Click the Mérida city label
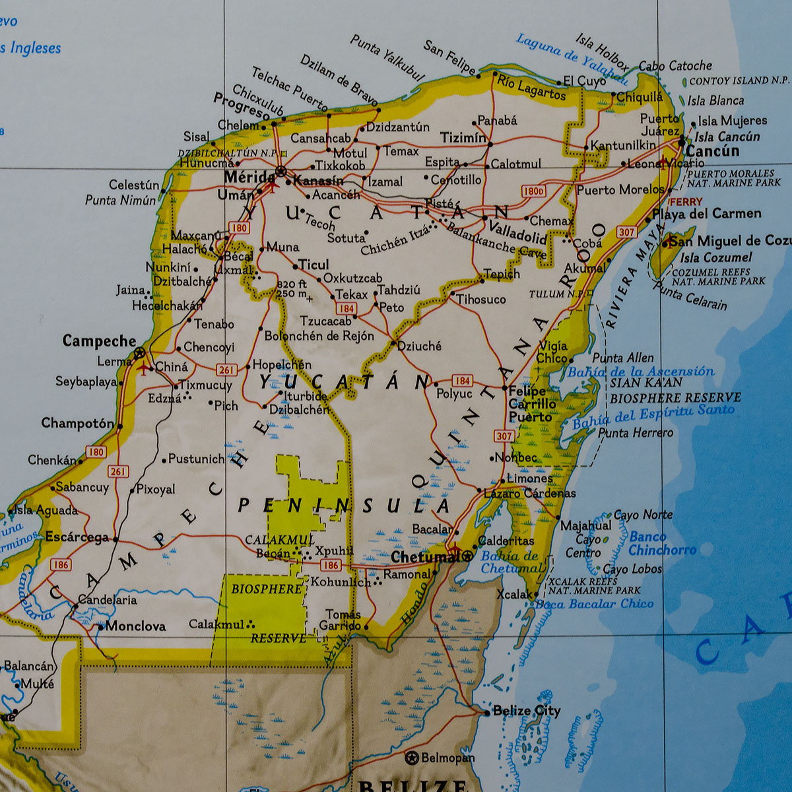[x=249, y=177]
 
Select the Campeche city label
[x=99, y=341]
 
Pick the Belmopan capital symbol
[x=412, y=757]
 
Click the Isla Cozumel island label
[x=716, y=257]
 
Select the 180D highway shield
[x=533, y=191]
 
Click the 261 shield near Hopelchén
[x=226, y=370]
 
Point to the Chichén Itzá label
[x=395, y=240]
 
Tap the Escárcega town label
[x=77, y=537]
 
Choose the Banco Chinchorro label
[x=662, y=543]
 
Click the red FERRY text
[x=686, y=202]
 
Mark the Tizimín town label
[x=462, y=137]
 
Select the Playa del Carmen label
[x=707, y=214]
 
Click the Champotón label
[x=77, y=423]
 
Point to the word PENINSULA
[x=344, y=506]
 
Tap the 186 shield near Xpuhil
[x=331, y=565]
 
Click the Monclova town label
[x=135, y=626]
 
